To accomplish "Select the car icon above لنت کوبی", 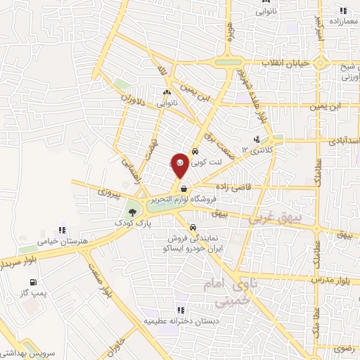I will pyautogui.click(x=195, y=150).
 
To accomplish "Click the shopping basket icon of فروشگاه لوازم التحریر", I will pyautogui.click(x=183, y=188).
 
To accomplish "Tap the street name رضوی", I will pyautogui.click(x=345, y=347).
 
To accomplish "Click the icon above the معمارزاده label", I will pyautogui.click(x=343, y=10).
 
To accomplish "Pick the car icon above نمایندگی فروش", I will pyautogui.click(x=193, y=227).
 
